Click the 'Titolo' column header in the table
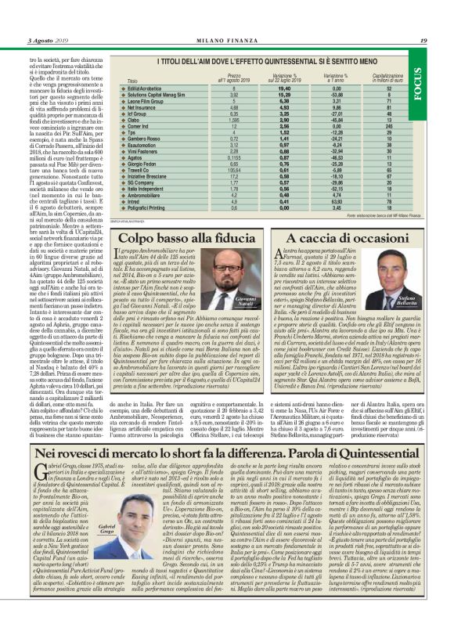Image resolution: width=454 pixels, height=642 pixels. click(x=132, y=81)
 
